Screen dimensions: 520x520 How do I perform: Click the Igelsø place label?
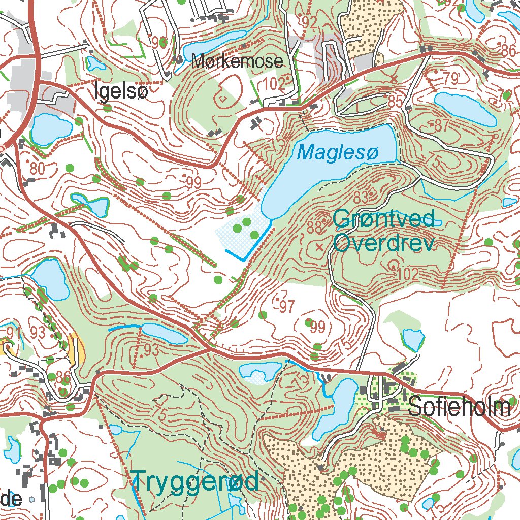121,92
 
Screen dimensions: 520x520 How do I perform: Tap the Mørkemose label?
237,62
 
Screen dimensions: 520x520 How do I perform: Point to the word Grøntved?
384,219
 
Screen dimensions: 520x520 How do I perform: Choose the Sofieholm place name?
459,407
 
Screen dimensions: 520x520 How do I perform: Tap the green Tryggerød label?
196,480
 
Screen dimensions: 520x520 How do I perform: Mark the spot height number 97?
287,306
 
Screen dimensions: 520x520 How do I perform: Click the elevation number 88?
315,226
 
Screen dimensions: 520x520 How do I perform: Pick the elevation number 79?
450,79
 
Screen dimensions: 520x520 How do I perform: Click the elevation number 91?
13,333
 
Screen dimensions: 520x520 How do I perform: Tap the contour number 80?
37,168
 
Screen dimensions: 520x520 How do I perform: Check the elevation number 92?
308,21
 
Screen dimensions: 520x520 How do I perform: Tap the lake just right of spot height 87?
465,108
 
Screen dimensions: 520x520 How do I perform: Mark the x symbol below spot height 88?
319,247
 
